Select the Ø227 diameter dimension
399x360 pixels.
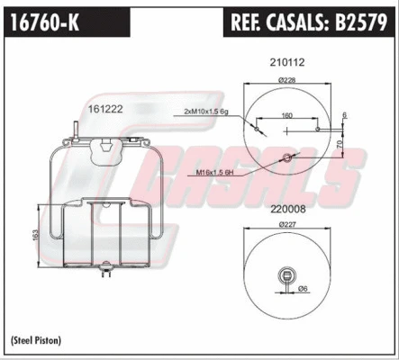[287, 223]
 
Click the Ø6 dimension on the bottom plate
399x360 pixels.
[304, 288]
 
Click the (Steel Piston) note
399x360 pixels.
[40, 340]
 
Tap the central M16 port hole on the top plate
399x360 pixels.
[287, 158]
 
